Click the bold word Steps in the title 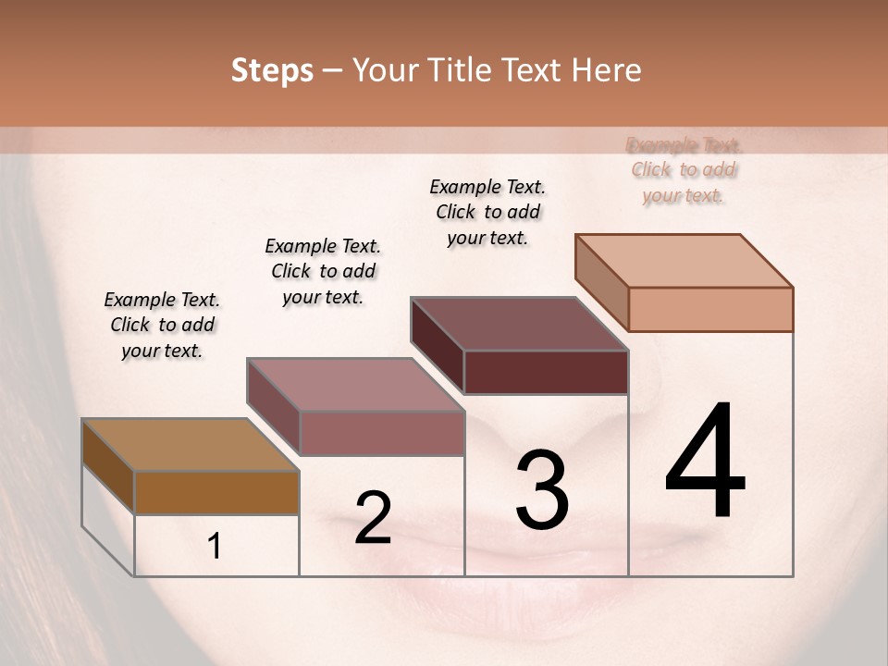(x=272, y=70)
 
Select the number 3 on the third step (x=542, y=490)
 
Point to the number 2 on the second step (x=373, y=518)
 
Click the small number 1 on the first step (x=215, y=547)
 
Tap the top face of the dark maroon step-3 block (x=519, y=324)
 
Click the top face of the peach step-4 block (x=684, y=260)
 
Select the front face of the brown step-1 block (x=216, y=492)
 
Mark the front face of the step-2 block (x=382, y=433)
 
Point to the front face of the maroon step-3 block (x=546, y=372)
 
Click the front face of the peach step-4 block (x=710, y=309)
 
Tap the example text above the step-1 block (x=162, y=325)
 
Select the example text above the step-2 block (x=323, y=271)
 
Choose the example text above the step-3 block (x=487, y=212)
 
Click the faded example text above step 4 (x=684, y=169)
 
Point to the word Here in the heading (x=608, y=70)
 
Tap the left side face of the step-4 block (x=602, y=282)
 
